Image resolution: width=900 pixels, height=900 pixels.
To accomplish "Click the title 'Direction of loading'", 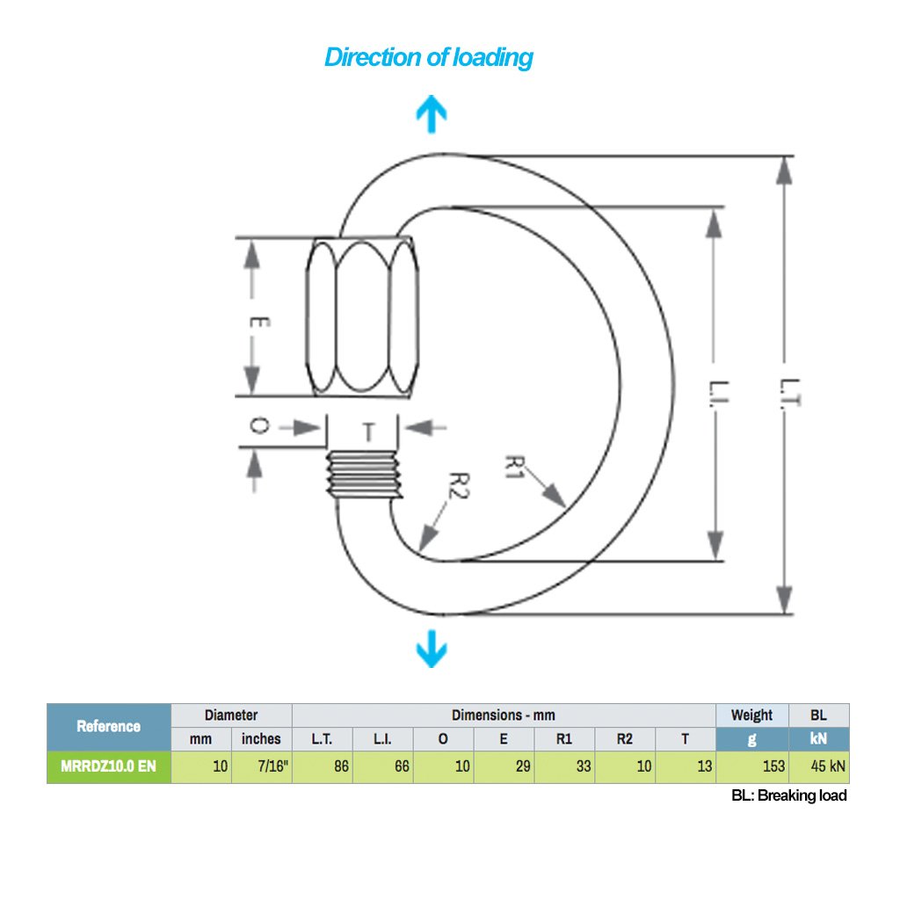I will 428,58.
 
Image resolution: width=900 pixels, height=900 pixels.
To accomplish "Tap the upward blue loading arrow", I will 432,114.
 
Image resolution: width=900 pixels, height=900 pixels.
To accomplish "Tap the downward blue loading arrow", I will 431,650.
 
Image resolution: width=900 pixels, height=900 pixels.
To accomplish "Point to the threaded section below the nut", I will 361,475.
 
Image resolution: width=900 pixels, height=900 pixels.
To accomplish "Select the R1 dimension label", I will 516,465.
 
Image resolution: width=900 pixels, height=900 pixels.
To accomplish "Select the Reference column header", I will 108,726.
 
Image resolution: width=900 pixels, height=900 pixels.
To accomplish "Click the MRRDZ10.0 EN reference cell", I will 108,766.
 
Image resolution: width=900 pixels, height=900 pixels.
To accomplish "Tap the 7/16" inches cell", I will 262,766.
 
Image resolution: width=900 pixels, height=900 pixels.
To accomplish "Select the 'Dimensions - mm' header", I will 504,715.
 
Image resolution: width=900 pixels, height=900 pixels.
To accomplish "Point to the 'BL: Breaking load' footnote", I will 788,795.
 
